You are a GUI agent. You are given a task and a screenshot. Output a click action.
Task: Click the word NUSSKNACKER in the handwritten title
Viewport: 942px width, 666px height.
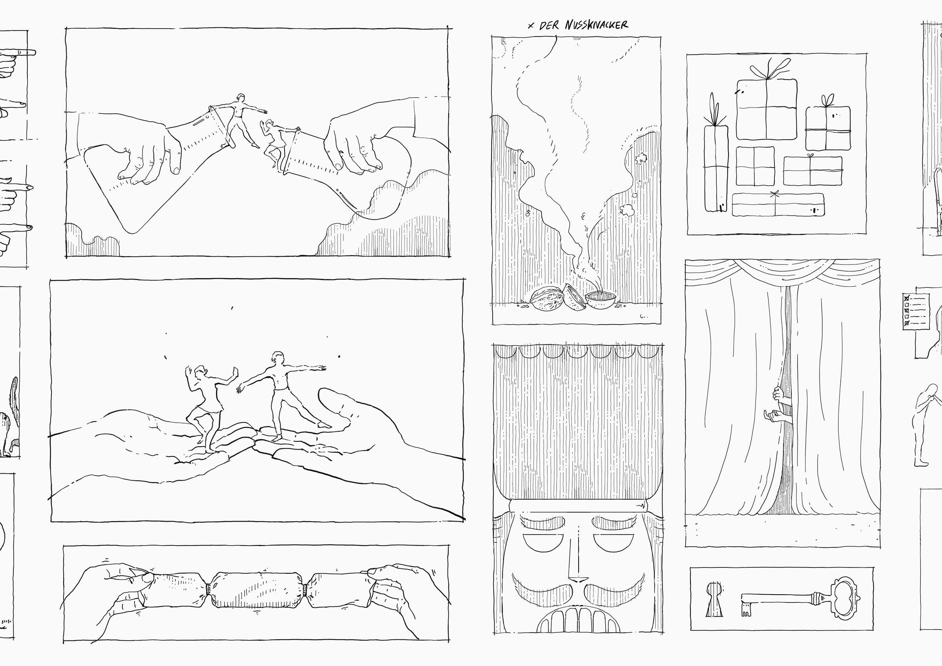(x=596, y=25)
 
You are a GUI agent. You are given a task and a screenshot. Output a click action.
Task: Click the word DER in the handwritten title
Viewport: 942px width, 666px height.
(x=549, y=26)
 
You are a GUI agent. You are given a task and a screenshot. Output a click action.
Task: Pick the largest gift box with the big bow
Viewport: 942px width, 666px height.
(x=767, y=102)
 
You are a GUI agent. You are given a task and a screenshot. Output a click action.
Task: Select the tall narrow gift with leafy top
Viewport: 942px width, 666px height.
(x=716, y=158)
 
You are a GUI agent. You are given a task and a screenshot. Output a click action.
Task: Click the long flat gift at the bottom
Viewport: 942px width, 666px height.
(x=778, y=204)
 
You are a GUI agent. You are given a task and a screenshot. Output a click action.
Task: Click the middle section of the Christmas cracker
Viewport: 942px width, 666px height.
(x=257, y=589)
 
